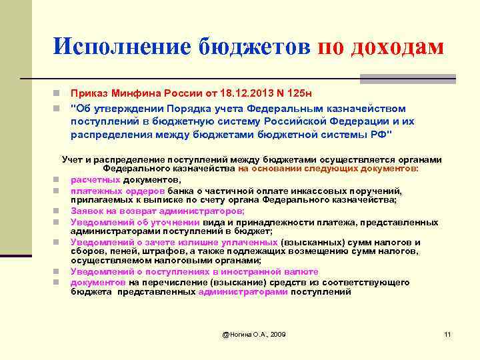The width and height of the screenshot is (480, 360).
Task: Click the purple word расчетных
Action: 95,179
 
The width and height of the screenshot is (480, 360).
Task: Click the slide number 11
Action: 447,333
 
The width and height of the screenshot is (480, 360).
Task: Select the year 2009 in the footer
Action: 276,333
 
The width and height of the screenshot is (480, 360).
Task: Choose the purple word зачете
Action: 150,242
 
